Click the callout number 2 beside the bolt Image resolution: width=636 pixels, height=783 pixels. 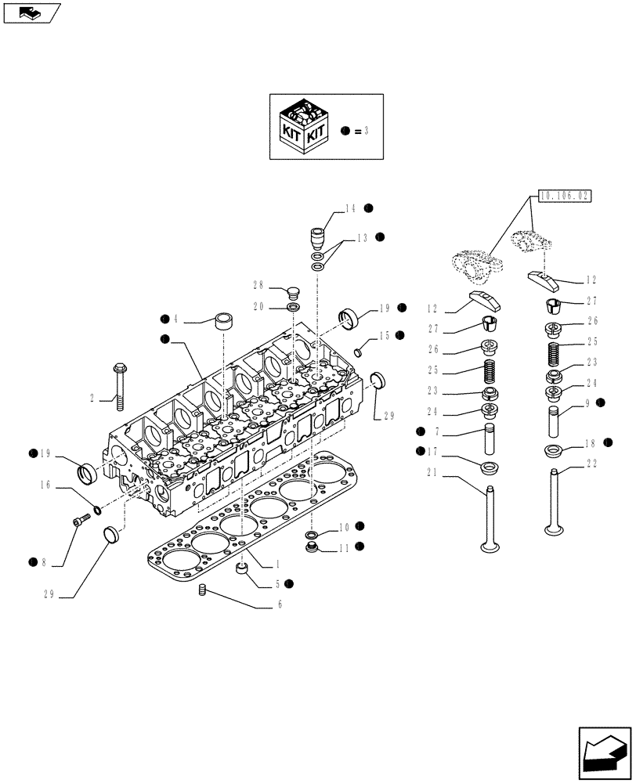pyautogui.click(x=92, y=399)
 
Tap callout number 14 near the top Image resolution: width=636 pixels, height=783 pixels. pyautogui.click(x=349, y=208)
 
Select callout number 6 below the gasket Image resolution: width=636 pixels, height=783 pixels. pyautogui.click(x=279, y=604)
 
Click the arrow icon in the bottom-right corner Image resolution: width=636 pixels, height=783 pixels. pyautogui.click(x=604, y=752)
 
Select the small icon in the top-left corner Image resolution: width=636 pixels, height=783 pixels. pyautogui.click(x=31, y=12)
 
